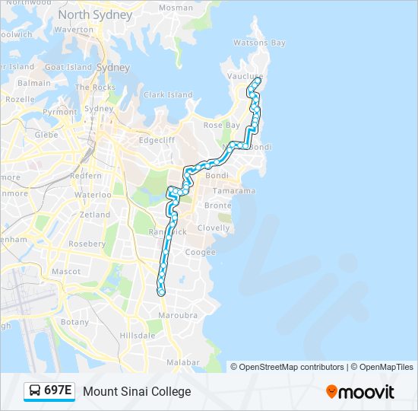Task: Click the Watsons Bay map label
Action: tap(259, 43)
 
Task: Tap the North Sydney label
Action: tap(95, 15)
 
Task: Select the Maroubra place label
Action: tap(178, 315)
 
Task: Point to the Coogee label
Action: tap(200, 253)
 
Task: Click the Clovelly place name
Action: tap(213, 228)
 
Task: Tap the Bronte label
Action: tap(217, 205)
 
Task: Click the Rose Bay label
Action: tap(221, 125)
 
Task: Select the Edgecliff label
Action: tap(157, 140)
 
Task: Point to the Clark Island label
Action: tap(168, 95)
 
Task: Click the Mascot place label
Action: tap(66, 271)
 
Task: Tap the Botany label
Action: tap(74, 322)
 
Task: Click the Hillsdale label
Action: tap(137, 335)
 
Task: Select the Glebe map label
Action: tap(46, 135)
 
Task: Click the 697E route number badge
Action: tap(58, 391)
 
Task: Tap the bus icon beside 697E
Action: tap(35, 391)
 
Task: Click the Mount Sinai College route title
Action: tap(137, 391)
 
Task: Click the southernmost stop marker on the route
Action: tap(161, 292)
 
